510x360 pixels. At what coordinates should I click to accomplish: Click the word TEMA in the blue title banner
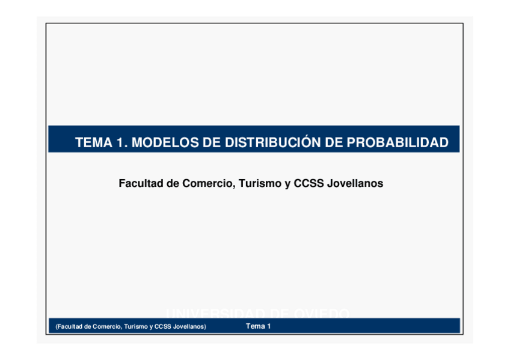pos(94,143)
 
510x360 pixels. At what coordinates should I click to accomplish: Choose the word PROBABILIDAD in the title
pos(398,143)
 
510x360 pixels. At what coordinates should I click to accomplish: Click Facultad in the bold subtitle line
pos(141,183)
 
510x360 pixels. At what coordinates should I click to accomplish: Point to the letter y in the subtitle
pos(287,183)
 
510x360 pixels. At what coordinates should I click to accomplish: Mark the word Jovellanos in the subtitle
pos(355,183)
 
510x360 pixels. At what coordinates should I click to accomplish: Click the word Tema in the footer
pos(255,326)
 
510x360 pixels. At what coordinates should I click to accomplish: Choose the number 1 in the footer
pos(269,326)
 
